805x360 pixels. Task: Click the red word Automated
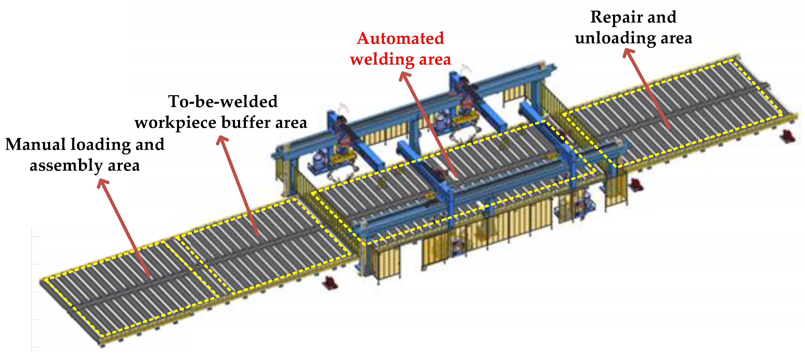(400, 39)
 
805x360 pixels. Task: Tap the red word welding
(382, 60)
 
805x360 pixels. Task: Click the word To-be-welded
(223, 102)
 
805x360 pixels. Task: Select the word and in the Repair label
(662, 17)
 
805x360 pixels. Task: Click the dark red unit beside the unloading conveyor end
(787, 136)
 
